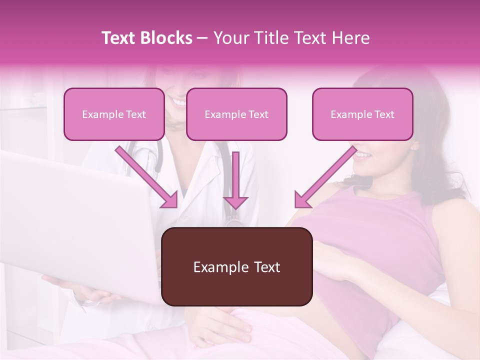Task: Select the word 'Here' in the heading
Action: (x=351, y=38)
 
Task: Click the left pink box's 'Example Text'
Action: (x=114, y=114)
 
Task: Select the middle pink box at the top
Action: (x=236, y=114)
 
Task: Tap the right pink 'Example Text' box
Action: (x=362, y=114)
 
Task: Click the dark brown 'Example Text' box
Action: (x=236, y=267)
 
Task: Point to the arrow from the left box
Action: (x=148, y=178)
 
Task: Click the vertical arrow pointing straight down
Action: (x=236, y=180)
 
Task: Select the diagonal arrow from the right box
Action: (x=325, y=177)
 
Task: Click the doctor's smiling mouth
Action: (x=178, y=103)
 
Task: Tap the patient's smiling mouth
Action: (x=363, y=154)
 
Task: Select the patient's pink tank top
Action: (x=380, y=235)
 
